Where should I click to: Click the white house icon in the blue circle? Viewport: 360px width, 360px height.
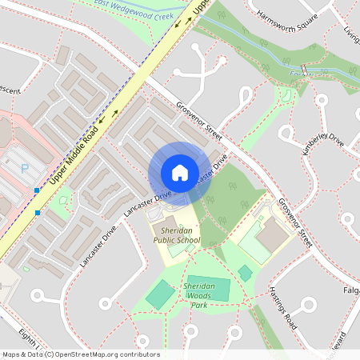(179, 173)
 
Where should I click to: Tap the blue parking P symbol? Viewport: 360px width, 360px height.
(24, 169)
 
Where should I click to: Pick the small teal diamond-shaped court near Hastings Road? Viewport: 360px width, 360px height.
(245, 274)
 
